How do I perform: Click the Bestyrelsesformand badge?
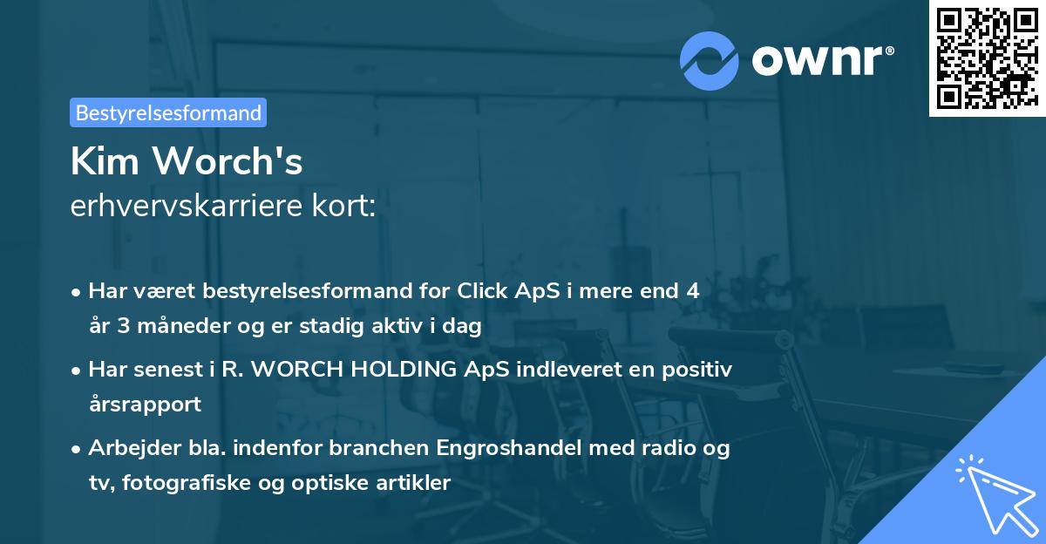168,112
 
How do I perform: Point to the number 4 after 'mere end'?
692,291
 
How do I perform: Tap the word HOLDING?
388,370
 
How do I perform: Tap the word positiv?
698,370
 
